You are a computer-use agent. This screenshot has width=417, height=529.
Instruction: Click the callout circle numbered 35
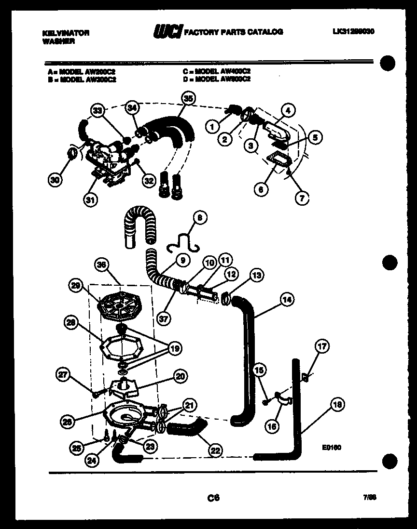click(x=188, y=99)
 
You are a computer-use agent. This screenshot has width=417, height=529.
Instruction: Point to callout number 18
click(x=338, y=405)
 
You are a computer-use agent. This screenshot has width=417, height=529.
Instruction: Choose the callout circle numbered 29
click(x=75, y=286)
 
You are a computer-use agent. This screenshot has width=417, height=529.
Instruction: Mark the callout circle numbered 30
click(x=56, y=181)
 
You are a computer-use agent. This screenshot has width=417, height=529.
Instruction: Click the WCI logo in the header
click(x=167, y=32)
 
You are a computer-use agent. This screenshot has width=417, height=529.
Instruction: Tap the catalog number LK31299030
click(x=353, y=32)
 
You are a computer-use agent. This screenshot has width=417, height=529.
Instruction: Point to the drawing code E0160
click(x=332, y=447)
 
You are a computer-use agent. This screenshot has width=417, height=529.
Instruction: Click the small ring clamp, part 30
click(x=71, y=154)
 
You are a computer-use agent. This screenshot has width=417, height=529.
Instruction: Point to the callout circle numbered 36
click(x=102, y=265)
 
